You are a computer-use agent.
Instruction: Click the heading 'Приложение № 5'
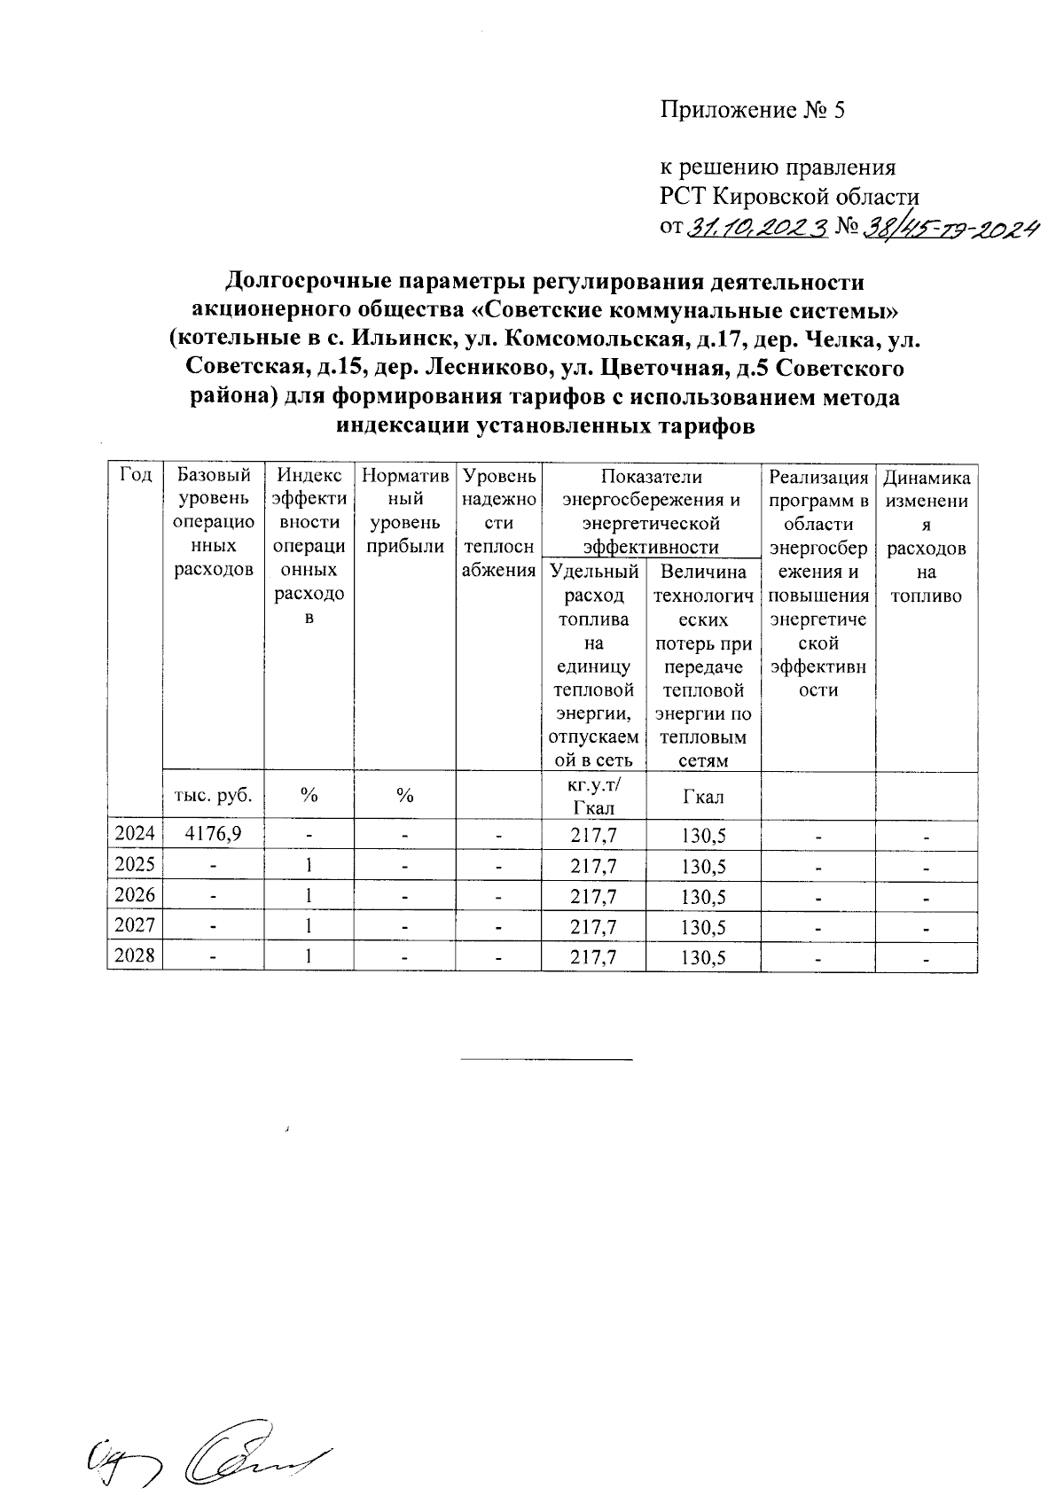pyautogui.click(x=753, y=110)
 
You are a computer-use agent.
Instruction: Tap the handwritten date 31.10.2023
pyautogui.click(x=757, y=229)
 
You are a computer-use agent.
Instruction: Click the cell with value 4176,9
pyautogui.click(x=213, y=834)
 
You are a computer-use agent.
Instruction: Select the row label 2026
pyautogui.click(x=135, y=896)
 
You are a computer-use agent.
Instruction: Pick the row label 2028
pyautogui.click(x=135, y=957)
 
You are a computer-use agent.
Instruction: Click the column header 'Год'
pyautogui.click(x=135, y=477)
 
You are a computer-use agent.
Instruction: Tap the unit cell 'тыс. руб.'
pyautogui.click(x=213, y=796)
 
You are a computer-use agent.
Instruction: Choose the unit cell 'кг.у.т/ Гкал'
pyautogui.click(x=594, y=796)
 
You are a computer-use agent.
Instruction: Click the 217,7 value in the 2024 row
pyautogui.click(x=594, y=834)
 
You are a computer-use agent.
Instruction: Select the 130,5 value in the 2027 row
pyautogui.click(x=704, y=927)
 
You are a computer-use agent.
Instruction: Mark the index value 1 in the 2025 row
pyautogui.click(x=308, y=865)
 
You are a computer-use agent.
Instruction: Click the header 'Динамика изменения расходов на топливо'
pyautogui.click(x=927, y=536)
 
